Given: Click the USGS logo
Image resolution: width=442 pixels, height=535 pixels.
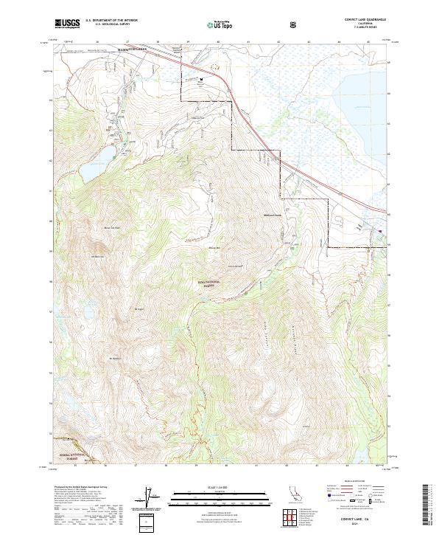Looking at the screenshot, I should pos(68,23).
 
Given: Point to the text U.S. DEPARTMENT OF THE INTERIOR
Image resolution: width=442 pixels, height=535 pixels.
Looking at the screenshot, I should pos(110,20).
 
